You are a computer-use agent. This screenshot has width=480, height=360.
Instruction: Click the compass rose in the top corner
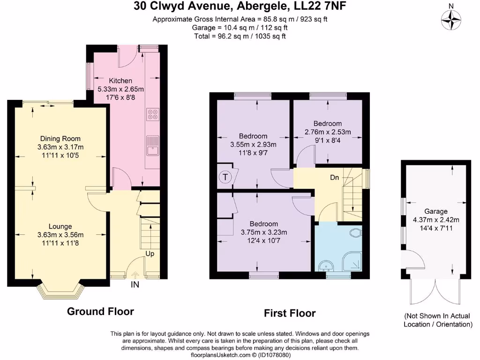tap(451, 20)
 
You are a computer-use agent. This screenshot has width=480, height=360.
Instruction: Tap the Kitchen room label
tap(120, 81)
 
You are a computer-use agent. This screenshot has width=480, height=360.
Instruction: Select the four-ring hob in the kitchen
tap(153, 114)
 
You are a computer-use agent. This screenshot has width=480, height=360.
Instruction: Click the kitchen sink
tap(152, 145)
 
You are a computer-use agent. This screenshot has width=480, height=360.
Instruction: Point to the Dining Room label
tap(60, 139)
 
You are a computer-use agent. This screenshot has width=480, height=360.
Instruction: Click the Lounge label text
tap(60, 226)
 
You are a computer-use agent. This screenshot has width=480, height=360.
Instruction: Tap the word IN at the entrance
tap(135, 285)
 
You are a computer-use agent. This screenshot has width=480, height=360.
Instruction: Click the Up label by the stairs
tap(150, 254)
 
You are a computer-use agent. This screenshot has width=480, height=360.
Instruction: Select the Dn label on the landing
tap(334, 178)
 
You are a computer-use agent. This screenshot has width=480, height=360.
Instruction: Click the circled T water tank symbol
tap(225, 177)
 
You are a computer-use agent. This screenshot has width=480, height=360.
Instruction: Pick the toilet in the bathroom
tap(356, 233)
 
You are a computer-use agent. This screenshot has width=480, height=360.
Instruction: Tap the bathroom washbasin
tap(327, 266)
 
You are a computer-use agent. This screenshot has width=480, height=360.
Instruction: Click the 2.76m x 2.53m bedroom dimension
tap(328, 132)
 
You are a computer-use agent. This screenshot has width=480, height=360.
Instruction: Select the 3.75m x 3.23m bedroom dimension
tap(264, 232)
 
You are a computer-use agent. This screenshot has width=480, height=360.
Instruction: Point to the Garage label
tap(436, 211)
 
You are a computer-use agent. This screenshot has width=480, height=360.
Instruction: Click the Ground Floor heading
tap(100, 311)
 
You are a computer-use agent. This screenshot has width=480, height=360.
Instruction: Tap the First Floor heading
tap(290, 313)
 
